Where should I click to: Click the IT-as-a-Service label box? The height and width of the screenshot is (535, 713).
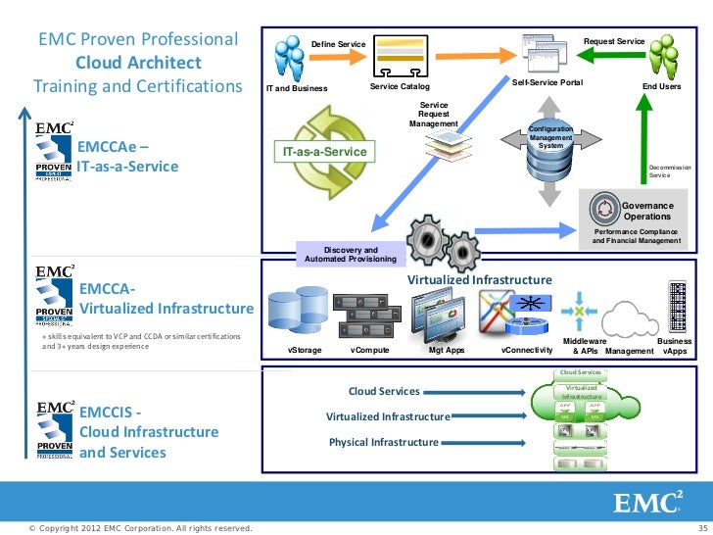click(324, 153)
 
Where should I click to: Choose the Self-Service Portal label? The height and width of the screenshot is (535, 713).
click(547, 83)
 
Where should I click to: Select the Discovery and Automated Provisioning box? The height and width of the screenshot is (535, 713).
click(351, 255)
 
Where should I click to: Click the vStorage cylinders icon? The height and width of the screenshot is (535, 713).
click(295, 315)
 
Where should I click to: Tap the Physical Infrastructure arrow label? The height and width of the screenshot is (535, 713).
click(383, 443)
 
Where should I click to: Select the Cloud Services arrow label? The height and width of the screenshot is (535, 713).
click(384, 391)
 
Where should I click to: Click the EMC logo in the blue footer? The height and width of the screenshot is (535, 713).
click(646, 503)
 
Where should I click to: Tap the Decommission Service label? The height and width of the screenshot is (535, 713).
click(670, 171)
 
